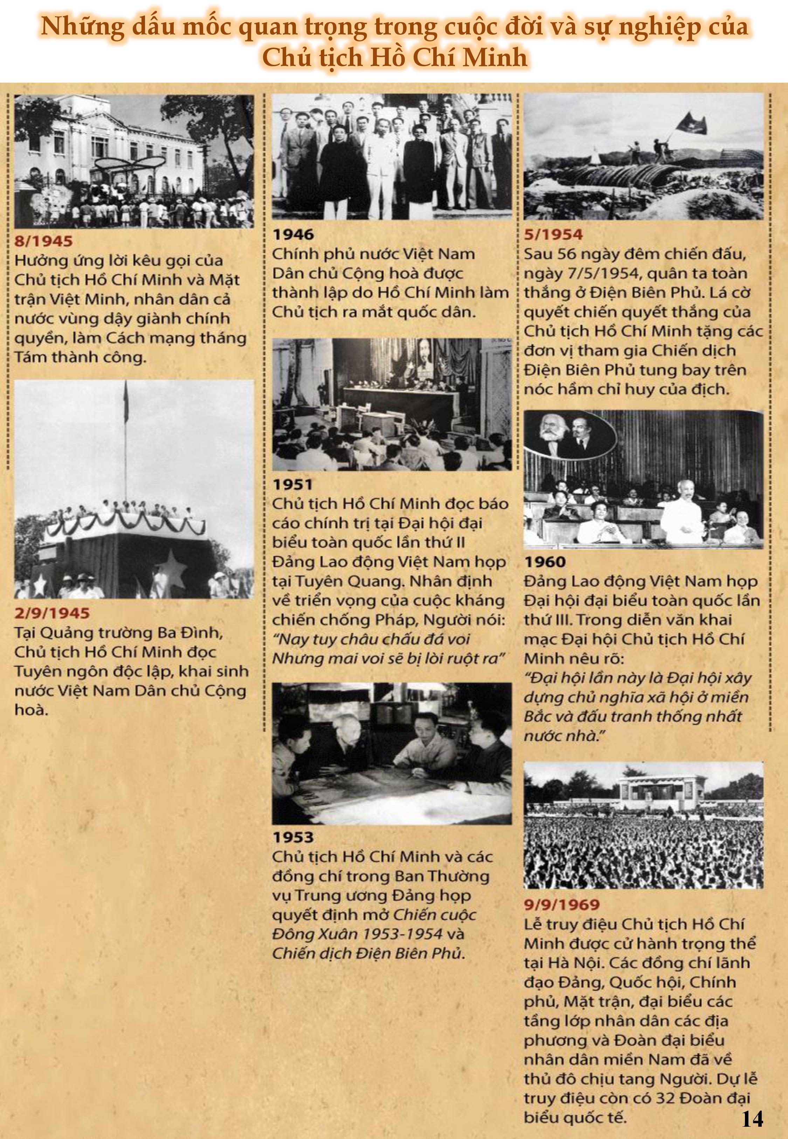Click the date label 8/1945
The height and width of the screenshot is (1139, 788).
(43, 241)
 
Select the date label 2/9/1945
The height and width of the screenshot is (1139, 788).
(52, 613)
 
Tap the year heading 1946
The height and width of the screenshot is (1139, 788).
(293, 234)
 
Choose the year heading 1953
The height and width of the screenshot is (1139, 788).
(293, 837)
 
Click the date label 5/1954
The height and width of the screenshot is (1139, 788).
(553, 234)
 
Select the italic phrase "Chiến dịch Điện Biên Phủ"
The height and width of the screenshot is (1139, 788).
(368, 953)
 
